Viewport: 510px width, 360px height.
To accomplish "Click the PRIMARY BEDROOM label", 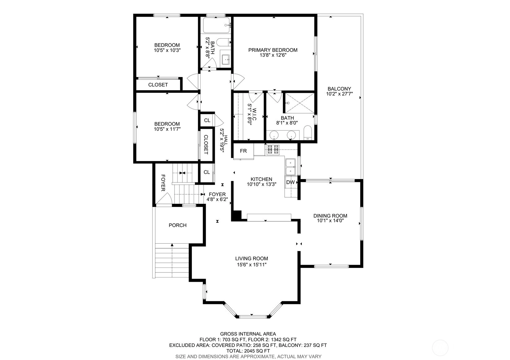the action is click(273, 50).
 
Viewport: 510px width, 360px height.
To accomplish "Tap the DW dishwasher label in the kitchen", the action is click(290, 182).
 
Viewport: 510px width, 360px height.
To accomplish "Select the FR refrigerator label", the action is click(243, 151).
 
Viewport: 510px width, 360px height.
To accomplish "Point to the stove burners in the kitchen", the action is click(273, 149).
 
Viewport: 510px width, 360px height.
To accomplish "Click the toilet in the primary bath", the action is click(307, 132).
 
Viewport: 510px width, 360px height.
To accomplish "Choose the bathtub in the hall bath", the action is click(216, 25).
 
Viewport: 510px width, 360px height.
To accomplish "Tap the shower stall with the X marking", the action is click(299, 103).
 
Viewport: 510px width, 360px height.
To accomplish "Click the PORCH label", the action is click(178, 225).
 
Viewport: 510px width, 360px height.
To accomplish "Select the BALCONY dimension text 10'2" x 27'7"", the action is click(339, 94).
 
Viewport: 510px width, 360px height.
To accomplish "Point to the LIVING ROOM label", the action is click(252, 259).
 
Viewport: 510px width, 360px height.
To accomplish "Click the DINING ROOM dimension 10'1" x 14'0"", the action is click(330, 221).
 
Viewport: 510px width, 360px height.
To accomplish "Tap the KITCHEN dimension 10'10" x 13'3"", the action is click(261, 184).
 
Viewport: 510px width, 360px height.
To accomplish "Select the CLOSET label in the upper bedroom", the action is click(158, 85).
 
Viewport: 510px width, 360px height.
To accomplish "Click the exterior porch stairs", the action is click(172, 260).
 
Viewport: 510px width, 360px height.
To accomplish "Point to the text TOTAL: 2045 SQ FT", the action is click(248, 351).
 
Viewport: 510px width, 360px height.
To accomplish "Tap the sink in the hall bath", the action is click(226, 59).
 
